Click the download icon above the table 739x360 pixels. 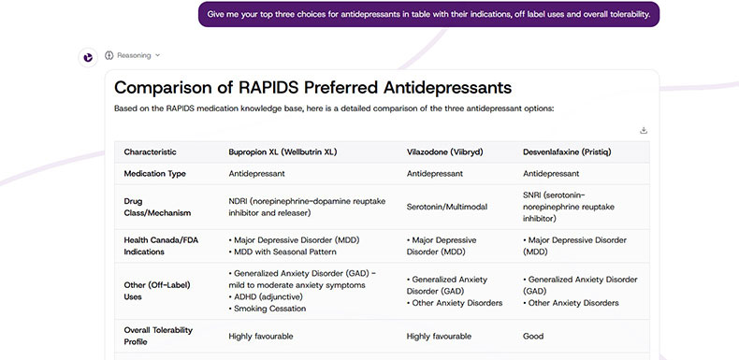(x=644, y=130)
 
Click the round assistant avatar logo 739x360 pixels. (x=87, y=56)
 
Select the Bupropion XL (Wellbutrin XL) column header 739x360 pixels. (x=283, y=151)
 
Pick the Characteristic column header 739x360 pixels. (x=150, y=151)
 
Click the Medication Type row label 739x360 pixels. (x=157, y=174)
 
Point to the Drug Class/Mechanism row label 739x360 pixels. (x=152, y=207)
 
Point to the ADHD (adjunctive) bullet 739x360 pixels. (x=266, y=296)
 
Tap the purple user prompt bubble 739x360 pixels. (x=428, y=14)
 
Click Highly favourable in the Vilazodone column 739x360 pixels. (x=439, y=336)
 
